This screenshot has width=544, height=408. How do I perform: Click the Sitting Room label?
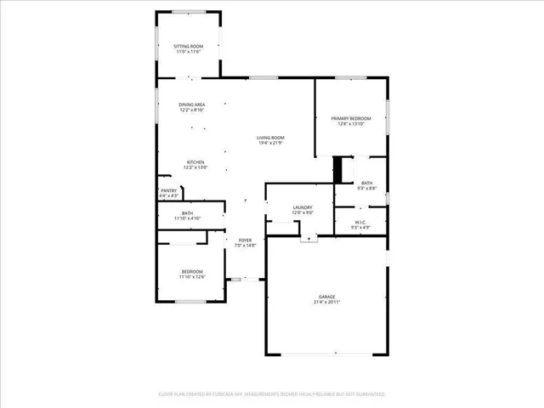click(x=188, y=46)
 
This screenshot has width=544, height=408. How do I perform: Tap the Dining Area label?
click(x=192, y=105)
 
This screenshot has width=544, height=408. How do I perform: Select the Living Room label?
click(x=271, y=138)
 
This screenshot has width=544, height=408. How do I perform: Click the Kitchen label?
click(x=195, y=162)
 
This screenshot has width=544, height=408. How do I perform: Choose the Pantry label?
click(x=168, y=190)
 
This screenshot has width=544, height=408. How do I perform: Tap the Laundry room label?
click(x=303, y=207)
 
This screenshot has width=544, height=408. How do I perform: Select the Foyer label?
click(x=245, y=240)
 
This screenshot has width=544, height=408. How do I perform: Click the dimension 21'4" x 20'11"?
click(x=326, y=303)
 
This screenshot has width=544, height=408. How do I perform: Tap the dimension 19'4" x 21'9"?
click(x=271, y=143)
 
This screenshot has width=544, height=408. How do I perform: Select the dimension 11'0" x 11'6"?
click(x=188, y=52)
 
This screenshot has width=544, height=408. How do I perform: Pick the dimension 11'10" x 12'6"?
click(x=191, y=277)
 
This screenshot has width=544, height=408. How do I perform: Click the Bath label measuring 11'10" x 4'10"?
click(x=186, y=213)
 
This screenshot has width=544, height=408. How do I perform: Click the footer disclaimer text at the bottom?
click(x=272, y=394)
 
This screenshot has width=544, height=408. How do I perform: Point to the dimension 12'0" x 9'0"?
click(x=303, y=212)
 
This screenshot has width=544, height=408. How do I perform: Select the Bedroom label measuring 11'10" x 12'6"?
click(x=191, y=271)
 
